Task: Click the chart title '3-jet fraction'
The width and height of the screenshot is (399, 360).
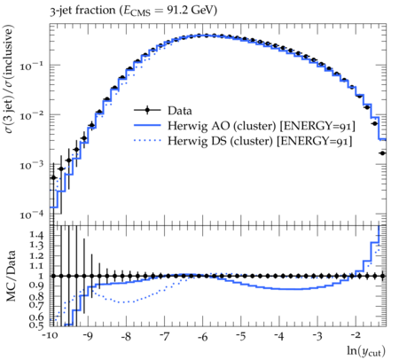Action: click(x=82, y=11)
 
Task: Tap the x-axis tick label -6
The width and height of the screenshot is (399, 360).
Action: click(x=202, y=336)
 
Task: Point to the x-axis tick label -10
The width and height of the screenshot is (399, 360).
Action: click(x=50, y=336)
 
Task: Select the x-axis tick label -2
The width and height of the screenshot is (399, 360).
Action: click(x=356, y=335)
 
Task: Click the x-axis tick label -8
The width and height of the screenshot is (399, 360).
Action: click(x=126, y=336)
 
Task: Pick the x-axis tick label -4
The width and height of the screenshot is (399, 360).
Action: click(x=278, y=336)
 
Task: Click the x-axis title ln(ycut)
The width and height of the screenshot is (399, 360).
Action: click(x=366, y=351)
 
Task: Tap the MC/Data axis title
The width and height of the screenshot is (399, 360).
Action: click(x=11, y=276)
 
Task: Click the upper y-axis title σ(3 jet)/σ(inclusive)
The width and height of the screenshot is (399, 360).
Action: click(x=9, y=79)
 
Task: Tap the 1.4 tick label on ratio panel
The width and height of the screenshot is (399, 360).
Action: click(x=36, y=235)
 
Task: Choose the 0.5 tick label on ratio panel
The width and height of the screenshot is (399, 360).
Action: click(x=36, y=325)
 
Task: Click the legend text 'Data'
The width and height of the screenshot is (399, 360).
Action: click(x=180, y=111)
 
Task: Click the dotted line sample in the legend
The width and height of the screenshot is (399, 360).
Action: click(x=147, y=140)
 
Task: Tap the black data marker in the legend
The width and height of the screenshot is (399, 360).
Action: click(x=147, y=110)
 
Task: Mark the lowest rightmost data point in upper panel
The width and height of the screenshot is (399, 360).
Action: click(x=382, y=153)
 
